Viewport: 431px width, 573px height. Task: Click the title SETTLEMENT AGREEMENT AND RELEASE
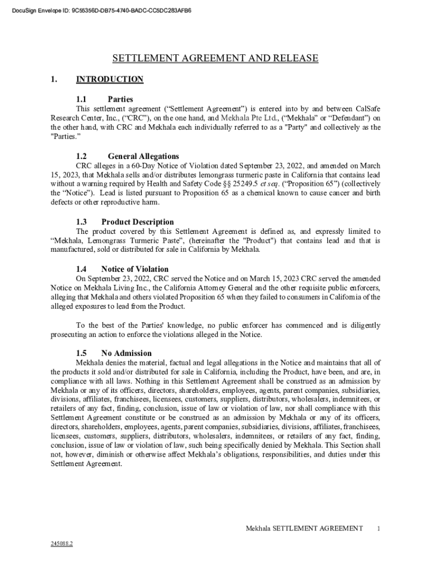pyautogui.click(x=215, y=58)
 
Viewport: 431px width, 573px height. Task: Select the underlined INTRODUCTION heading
pyautogui.click(x=110, y=79)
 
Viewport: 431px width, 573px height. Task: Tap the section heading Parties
pyautogui.click(x=120, y=99)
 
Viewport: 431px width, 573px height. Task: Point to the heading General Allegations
pyautogui.click(x=143, y=156)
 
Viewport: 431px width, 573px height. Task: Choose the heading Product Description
pyautogui.click(x=137, y=222)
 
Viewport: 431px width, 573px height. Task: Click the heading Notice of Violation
pyautogui.click(x=135, y=269)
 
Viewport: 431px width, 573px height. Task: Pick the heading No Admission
pyautogui.click(x=126, y=353)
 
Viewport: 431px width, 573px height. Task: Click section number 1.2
pyautogui.click(x=82, y=156)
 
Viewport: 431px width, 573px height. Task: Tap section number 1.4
pyautogui.click(x=82, y=269)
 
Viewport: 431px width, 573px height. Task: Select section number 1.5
pyautogui.click(x=82, y=353)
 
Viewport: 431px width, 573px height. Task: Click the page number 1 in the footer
pyautogui.click(x=379, y=528)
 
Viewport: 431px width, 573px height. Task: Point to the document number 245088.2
pyautogui.click(x=62, y=543)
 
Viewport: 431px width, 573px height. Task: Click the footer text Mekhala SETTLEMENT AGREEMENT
pyautogui.click(x=304, y=528)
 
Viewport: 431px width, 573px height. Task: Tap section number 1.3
pyautogui.click(x=82, y=222)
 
